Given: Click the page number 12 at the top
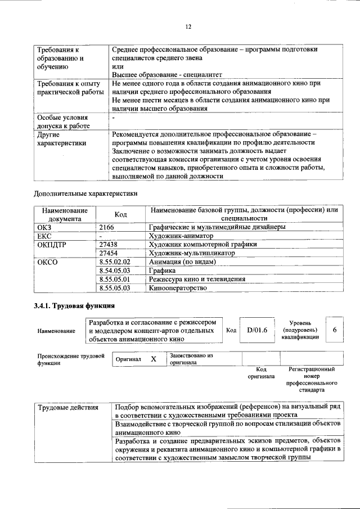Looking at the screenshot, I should click(x=188, y=26).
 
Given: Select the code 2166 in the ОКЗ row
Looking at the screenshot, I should click(x=107, y=227).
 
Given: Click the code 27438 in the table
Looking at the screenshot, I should click(x=109, y=245).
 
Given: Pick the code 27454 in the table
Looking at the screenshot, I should click(x=109, y=253).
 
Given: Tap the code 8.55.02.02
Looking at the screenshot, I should click(x=114, y=262).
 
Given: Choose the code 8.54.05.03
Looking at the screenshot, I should click(x=114, y=271).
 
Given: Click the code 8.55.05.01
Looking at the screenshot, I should click(x=114, y=279).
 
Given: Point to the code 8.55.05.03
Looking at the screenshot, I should click(x=114, y=288).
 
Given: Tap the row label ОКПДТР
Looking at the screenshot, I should click(x=52, y=245).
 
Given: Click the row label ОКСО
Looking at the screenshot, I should click(x=47, y=262).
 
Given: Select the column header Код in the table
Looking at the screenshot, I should click(x=120, y=214).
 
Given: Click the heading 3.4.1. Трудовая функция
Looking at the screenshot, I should click(x=74, y=306).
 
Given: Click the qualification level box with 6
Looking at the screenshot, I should click(x=335, y=331).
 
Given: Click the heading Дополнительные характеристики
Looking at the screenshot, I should click(x=85, y=193).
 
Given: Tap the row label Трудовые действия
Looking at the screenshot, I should click(x=67, y=407).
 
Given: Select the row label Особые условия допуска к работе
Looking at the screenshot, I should click(x=62, y=122).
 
